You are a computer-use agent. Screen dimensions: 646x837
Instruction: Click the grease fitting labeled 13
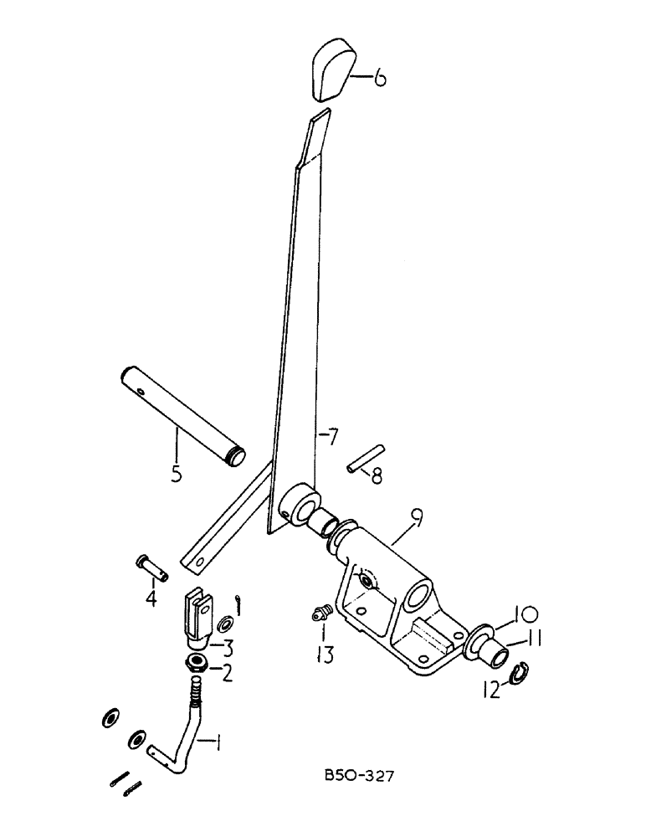319,616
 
